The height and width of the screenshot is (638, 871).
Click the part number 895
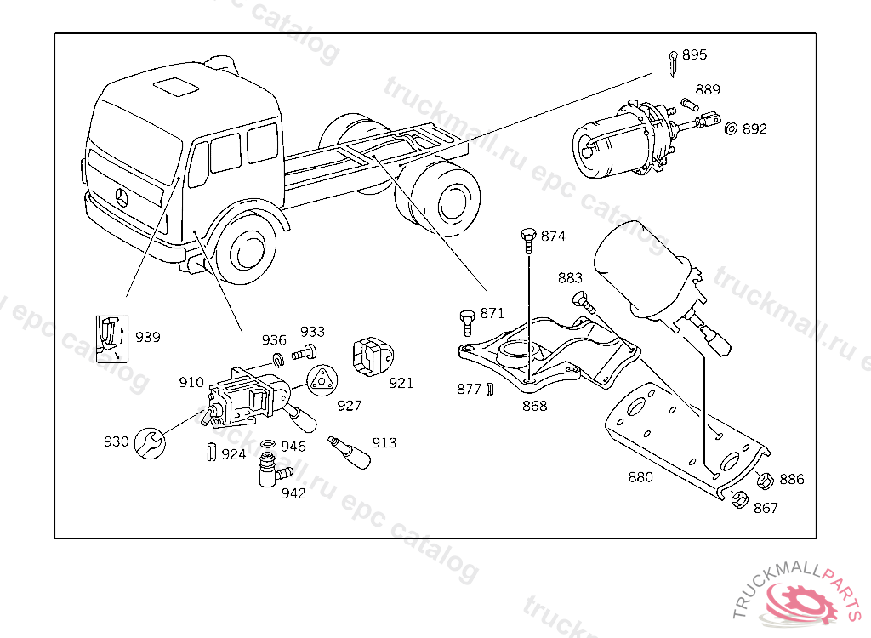click(694, 55)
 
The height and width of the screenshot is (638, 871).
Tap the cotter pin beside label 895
click(673, 62)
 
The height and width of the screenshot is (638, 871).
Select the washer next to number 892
click(730, 128)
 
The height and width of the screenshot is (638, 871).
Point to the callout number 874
click(553, 236)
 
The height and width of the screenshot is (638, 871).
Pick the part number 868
click(535, 407)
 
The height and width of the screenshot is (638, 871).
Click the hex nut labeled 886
click(763, 480)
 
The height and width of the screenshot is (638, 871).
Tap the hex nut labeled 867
click(738, 500)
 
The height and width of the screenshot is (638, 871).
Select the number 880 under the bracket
click(640, 477)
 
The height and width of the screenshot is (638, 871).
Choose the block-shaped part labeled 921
click(371, 356)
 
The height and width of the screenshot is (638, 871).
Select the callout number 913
click(384, 443)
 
